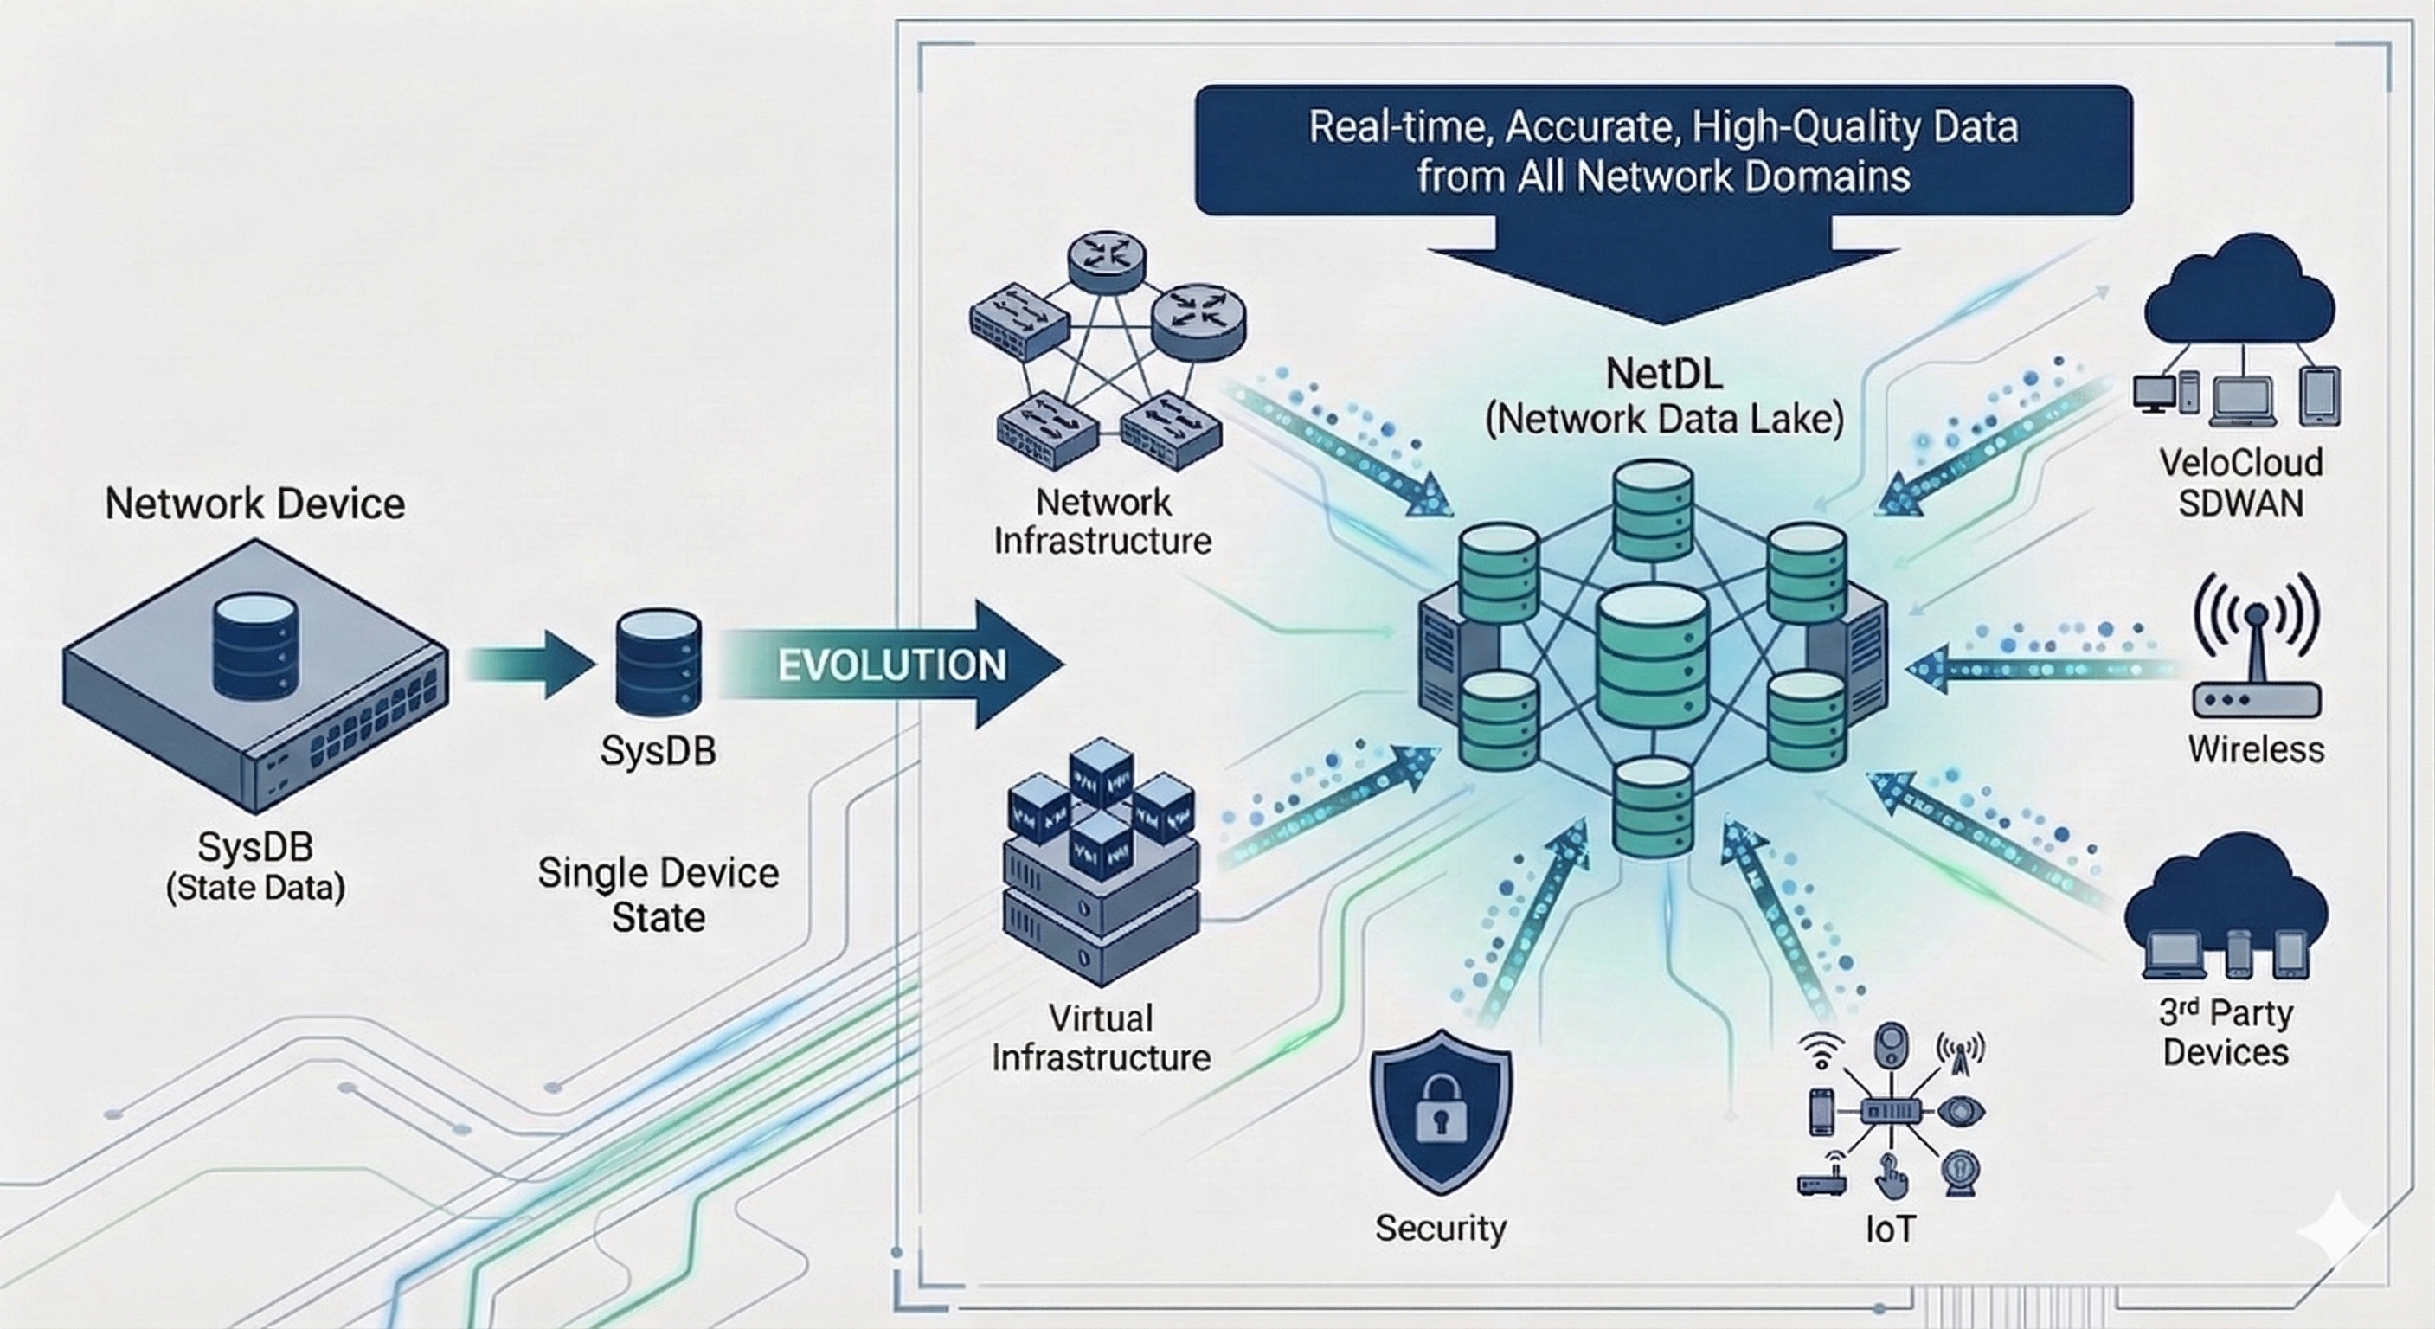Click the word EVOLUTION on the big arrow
[892, 665]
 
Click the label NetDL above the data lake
[1664, 375]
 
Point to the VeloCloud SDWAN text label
[2240, 482]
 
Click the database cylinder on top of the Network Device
[255, 645]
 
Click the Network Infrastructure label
[1102, 522]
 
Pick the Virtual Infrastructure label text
[1102, 1038]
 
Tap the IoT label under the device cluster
[1890, 1229]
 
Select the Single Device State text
[658, 894]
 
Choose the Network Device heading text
[255, 504]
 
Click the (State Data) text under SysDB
[255, 889]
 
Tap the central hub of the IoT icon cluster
[1890, 1112]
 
